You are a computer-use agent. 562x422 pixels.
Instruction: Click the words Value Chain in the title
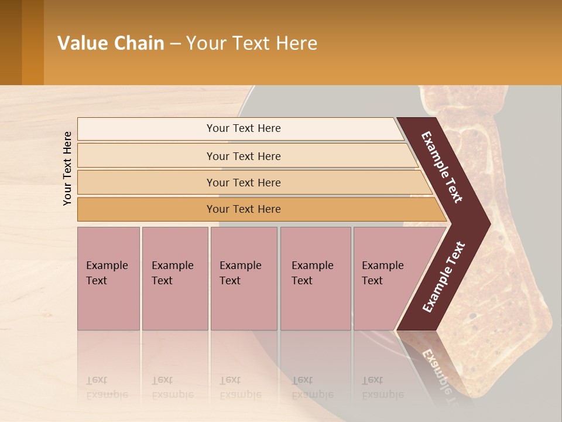point(111,43)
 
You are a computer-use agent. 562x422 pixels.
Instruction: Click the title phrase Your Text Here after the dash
point(252,43)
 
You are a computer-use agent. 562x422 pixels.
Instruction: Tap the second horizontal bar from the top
point(244,156)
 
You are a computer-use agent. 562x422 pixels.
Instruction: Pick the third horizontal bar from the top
point(244,182)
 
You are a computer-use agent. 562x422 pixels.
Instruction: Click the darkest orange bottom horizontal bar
point(244,209)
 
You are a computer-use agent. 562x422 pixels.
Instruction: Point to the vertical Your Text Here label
point(67,168)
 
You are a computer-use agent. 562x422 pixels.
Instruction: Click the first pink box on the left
point(108,278)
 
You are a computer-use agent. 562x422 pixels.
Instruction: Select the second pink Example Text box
point(174,278)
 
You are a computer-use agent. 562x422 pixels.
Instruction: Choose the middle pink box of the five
point(244,278)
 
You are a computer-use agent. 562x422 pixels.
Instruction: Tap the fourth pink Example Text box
point(315,278)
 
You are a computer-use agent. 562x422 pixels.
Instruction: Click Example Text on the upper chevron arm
point(442,167)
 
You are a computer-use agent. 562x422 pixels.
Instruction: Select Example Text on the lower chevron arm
point(444,277)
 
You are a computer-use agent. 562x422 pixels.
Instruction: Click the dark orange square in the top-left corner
point(22,42)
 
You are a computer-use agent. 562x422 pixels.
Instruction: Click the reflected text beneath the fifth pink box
point(382,387)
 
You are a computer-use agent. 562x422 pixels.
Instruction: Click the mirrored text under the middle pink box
point(239,387)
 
